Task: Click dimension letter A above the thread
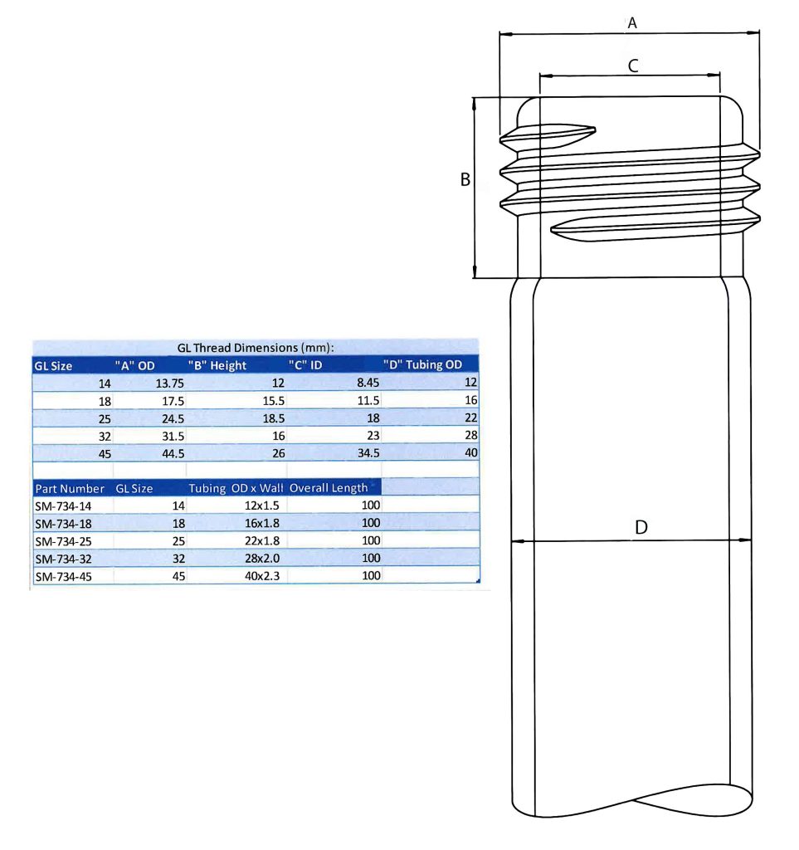pyautogui.click(x=631, y=23)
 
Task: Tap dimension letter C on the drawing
pyautogui.click(x=632, y=66)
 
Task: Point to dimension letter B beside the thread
pyautogui.click(x=465, y=179)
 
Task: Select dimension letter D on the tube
pyautogui.click(x=641, y=527)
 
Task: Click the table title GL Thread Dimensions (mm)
pyautogui.click(x=256, y=348)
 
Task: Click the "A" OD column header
pyautogui.click(x=135, y=364)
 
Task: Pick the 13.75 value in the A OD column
pyautogui.click(x=168, y=383)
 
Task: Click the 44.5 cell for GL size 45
pyautogui.click(x=172, y=453)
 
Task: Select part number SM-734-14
pyautogui.click(x=64, y=505)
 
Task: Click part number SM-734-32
pyautogui.click(x=64, y=558)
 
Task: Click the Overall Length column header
pyautogui.click(x=329, y=488)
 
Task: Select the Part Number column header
pyautogui.click(x=70, y=488)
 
